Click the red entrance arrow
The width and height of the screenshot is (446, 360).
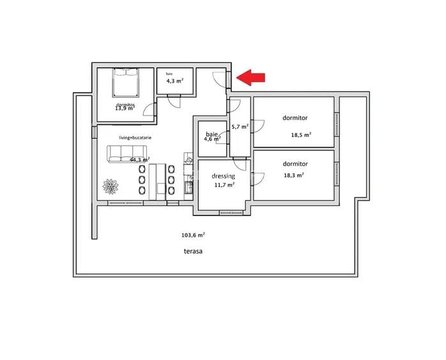pyautogui.click(x=251, y=77)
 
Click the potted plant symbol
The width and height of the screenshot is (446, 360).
pyautogui.click(x=112, y=187)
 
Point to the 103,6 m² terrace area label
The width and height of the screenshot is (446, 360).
pyautogui.click(x=193, y=235)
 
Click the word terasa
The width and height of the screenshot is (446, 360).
pyautogui.click(x=193, y=251)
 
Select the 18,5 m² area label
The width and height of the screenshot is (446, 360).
pyautogui.click(x=301, y=135)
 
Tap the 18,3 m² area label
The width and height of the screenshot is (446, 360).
pyautogui.click(x=293, y=175)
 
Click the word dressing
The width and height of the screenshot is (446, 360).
pyautogui.click(x=224, y=176)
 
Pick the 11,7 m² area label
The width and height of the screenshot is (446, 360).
pyautogui.click(x=224, y=185)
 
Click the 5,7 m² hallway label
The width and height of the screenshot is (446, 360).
pyautogui.click(x=240, y=127)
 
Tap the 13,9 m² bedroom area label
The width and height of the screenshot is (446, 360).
pyautogui.click(x=125, y=108)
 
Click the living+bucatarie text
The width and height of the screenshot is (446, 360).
pyautogui.click(x=135, y=137)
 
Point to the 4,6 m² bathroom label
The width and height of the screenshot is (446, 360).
pyautogui.click(x=211, y=139)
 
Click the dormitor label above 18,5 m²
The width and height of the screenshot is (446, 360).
pyautogui.click(x=295, y=118)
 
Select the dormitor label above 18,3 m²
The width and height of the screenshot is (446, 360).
pyautogui.click(x=295, y=164)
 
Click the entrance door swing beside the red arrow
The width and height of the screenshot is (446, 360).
pyautogui.click(x=219, y=79)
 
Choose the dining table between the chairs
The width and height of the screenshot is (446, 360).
pyautogui.click(x=157, y=179)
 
